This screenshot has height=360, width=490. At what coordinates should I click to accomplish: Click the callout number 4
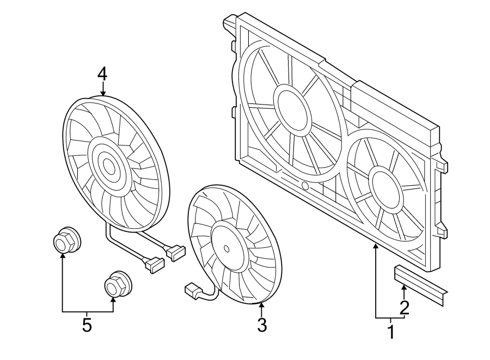[x=102, y=75]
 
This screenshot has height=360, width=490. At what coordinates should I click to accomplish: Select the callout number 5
[x=87, y=325]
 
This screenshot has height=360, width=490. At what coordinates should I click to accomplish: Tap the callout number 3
[x=262, y=325]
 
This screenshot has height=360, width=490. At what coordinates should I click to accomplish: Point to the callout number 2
[x=405, y=308]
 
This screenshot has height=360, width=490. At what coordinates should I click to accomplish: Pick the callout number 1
[x=391, y=332]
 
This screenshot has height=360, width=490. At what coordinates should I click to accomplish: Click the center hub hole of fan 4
[x=109, y=167]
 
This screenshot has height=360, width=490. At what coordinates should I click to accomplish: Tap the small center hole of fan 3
[x=226, y=248]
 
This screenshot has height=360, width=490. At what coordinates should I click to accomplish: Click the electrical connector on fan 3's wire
[x=193, y=291]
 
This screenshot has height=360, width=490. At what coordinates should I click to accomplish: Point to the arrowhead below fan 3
[x=261, y=306]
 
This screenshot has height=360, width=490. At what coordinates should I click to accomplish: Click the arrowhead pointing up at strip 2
[x=404, y=288]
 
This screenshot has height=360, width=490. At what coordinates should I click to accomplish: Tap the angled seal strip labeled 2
[x=421, y=284]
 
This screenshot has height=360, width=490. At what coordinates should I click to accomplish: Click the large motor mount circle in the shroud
[x=292, y=109]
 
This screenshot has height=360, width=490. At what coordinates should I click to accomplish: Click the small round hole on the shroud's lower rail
[x=305, y=186]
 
